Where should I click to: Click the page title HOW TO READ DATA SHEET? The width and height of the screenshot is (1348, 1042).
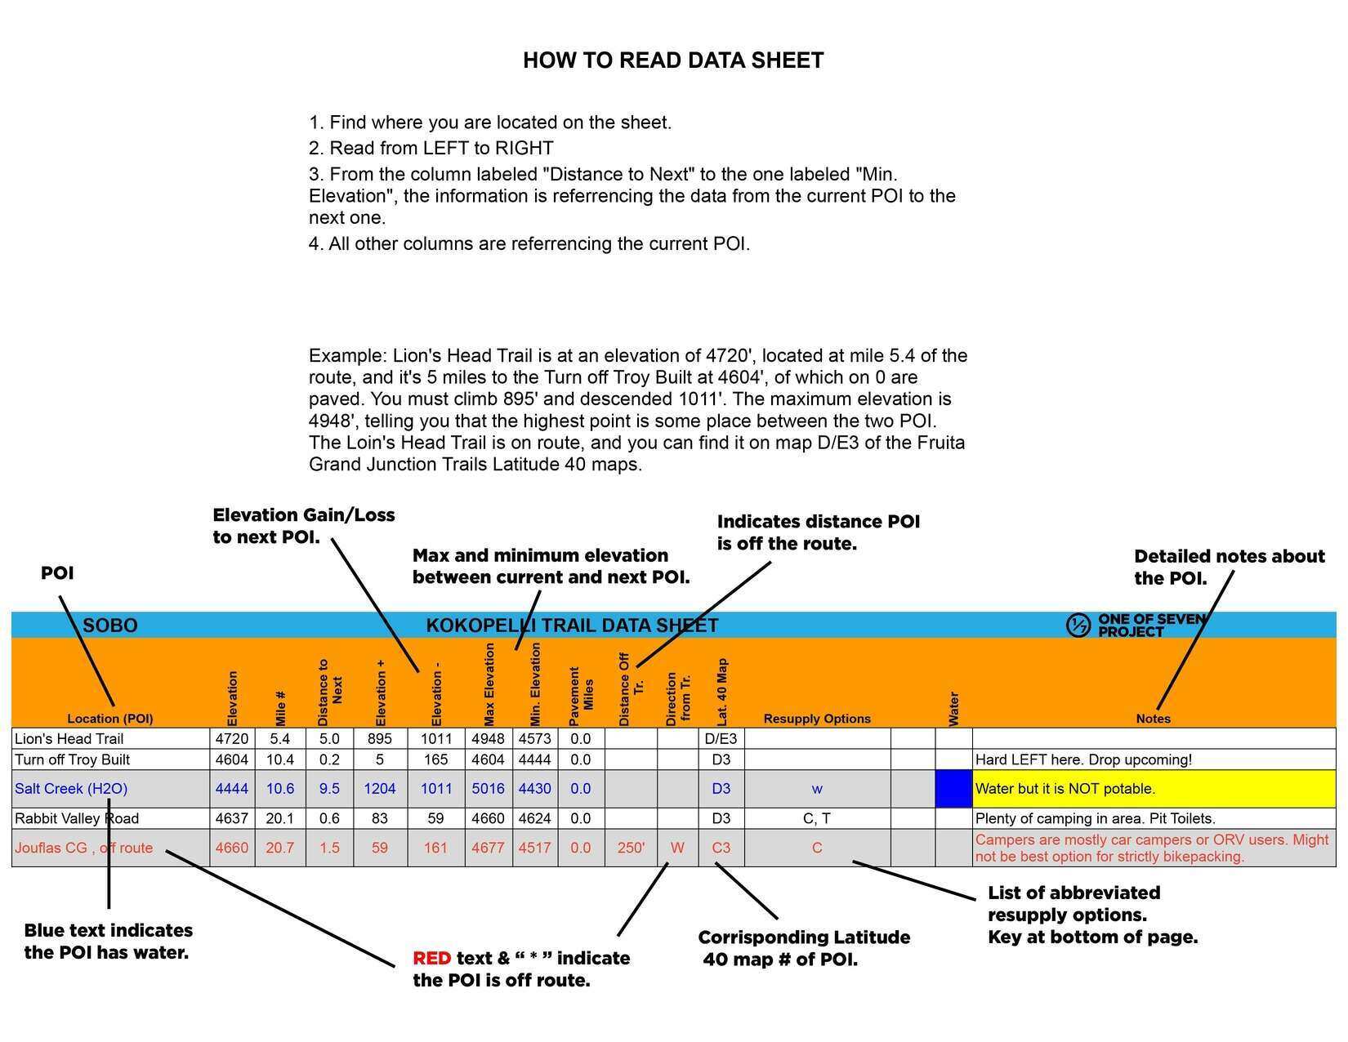click(673, 60)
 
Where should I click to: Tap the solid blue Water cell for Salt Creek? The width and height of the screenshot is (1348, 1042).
click(953, 789)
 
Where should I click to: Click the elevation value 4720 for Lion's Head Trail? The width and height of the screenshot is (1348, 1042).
click(232, 739)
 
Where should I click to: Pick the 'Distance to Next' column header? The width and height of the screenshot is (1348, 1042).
click(329, 692)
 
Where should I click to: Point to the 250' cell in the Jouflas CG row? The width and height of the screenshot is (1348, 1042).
click(631, 848)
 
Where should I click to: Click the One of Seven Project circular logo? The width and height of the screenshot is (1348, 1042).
click(1078, 626)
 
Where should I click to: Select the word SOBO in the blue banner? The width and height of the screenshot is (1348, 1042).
click(110, 626)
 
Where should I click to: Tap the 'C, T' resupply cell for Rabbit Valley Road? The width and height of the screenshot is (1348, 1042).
click(816, 818)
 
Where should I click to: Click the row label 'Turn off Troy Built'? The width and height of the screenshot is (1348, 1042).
click(72, 759)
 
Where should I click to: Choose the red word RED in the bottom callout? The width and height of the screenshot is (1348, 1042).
click(431, 958)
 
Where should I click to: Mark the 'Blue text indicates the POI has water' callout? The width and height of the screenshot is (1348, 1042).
click(109, 941)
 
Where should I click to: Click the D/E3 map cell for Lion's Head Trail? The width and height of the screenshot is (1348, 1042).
click(721, 739)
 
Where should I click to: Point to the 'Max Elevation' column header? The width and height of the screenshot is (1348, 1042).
click(489, 684)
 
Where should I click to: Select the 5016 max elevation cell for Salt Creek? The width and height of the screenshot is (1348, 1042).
click(488, 789)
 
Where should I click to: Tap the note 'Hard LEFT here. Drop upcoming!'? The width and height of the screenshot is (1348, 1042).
click(1083, 759)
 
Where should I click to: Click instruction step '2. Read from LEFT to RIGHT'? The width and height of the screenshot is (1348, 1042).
click(431, 148)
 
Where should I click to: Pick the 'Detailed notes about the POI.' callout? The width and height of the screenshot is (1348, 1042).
click(1229, 567)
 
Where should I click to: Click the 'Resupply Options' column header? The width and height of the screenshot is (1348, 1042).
click(816, 719)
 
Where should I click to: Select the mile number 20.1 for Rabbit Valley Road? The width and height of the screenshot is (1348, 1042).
click(279, 818)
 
